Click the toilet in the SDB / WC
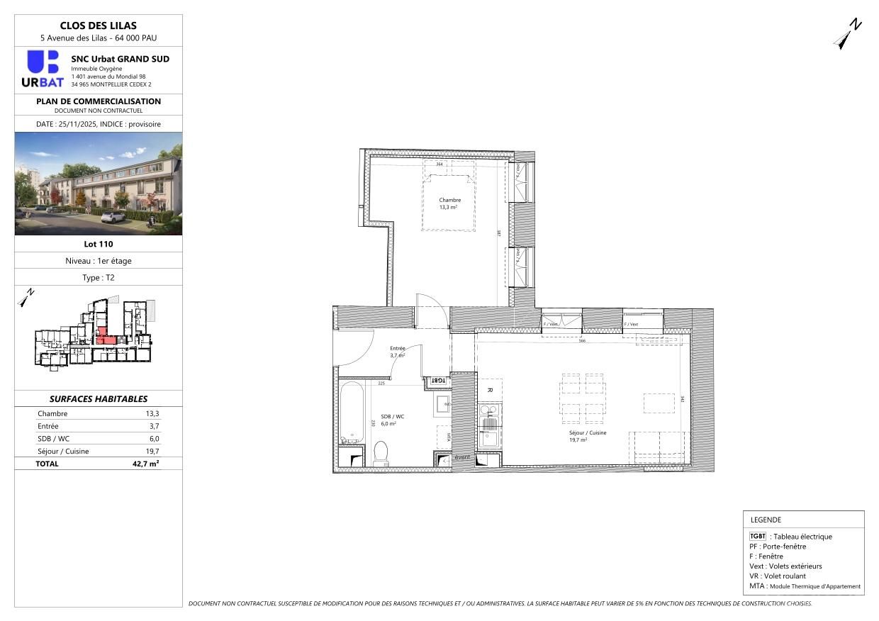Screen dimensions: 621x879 tap(381, 453)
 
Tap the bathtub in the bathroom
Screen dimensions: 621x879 tap(351, 412)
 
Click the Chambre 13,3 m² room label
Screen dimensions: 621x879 tap(449, 203)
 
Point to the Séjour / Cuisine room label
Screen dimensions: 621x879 tap(587, 436)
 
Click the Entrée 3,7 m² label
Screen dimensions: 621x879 tap(397, 352)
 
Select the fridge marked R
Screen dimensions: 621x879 tap(489, 390)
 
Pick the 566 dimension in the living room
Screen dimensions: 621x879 tap(581, 341)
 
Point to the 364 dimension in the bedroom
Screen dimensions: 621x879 tap(439, 164)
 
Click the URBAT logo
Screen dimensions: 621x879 tap(43, 69)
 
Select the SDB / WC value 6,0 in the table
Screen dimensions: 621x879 tap(153, 439)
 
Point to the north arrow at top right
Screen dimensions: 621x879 tap(846, 35)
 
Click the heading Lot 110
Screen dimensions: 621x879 tap(99, 244)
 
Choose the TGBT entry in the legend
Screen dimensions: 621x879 tap(758, 537)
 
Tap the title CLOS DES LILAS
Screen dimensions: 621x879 tap(99, 26)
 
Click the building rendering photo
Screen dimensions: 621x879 tap(99, 184)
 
